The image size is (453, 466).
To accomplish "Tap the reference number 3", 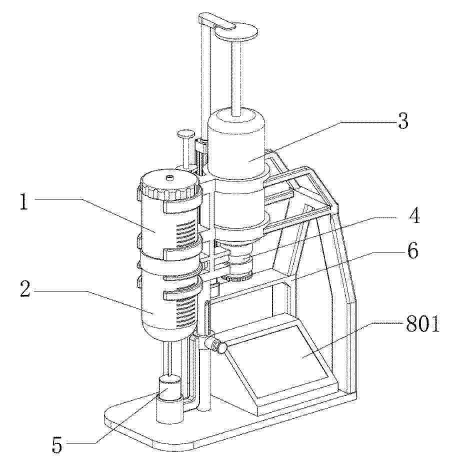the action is [403, 121].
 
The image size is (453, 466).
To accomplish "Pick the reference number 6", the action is [412, 250].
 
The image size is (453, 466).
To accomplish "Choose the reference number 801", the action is [422, 323].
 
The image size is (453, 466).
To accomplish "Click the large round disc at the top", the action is [236, 32].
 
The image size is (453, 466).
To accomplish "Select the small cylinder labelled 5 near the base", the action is [169, 388].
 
